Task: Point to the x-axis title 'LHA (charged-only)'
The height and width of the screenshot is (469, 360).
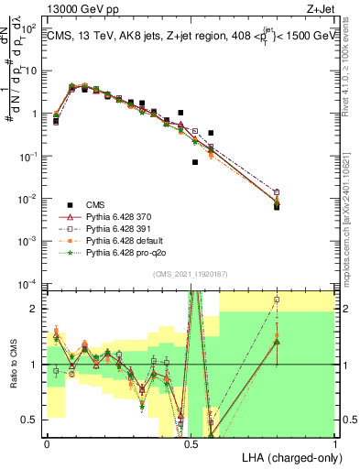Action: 287,456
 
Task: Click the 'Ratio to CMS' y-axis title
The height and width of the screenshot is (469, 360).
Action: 12,365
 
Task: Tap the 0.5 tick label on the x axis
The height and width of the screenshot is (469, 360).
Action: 191,442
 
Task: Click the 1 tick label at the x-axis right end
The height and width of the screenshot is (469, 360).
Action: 336,442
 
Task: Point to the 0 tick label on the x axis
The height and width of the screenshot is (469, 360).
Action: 47,442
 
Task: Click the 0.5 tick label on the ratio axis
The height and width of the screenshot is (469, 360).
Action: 32,420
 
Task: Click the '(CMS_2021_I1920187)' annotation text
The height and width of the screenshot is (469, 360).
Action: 191,273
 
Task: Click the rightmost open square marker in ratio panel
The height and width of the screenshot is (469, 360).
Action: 278,300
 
